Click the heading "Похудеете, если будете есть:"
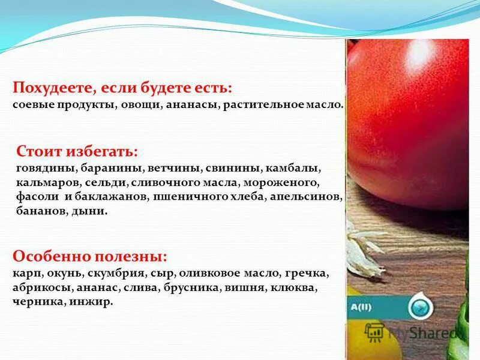click(122, 88)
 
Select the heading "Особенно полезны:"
click(89, 257)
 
